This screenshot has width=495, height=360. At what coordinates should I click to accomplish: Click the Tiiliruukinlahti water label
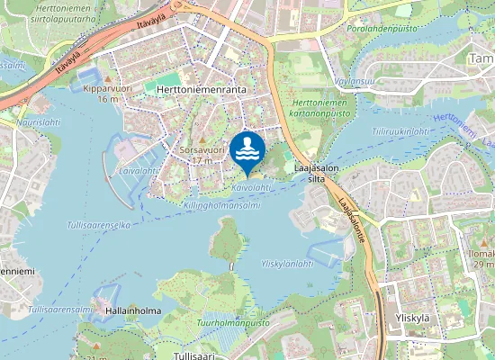coord(400,131)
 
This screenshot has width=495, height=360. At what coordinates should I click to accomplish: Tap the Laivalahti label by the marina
coord(137,169)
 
